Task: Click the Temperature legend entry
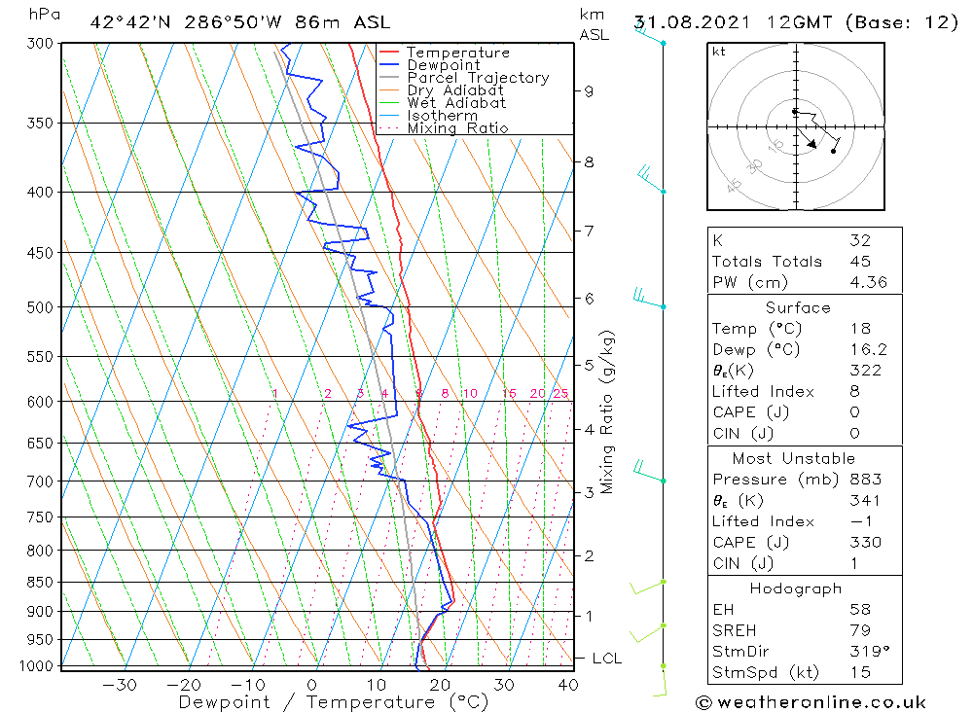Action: pyautogui.click(x=457, y=53)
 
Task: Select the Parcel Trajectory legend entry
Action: pyautogui.click(x=478, y=78)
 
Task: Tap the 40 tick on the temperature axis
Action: pyautogui.click(x=567, y=685)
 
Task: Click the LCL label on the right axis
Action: pyautogui.click(x=606, y=659)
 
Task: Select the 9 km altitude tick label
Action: pyautogui.click(x=589, y=91)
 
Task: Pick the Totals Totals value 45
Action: pyautogui.click(x=860, y=262)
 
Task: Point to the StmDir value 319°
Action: pyautogui.click(x=864, y=652)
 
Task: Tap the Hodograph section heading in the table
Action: pyautogui.click(x=797, y=588)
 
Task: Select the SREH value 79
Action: pyautogui.click(x=860, y=631)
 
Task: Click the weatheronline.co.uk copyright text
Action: pyautogui.click(x=811, y=702)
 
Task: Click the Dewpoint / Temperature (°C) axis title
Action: pyautogui.click(x=333, y=702)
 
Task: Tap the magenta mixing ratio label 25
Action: pyautogui.click(x=560, y=393)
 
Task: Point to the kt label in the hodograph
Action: pyautogui.click(x=718, y=52)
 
